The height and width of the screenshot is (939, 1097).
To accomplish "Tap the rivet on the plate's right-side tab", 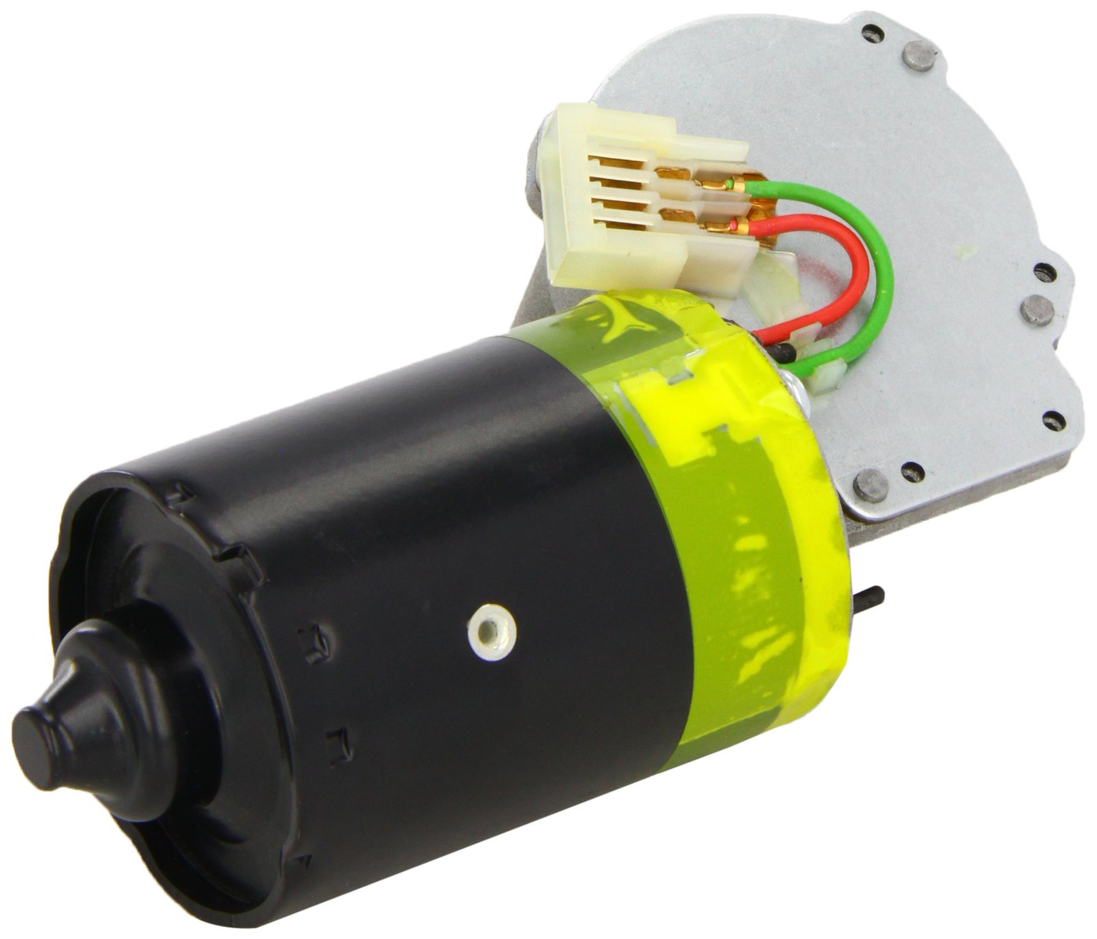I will [1036, 309].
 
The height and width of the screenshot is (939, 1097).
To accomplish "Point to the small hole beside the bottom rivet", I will [910, 471].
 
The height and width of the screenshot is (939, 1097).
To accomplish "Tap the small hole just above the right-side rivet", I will [1042, 272].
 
